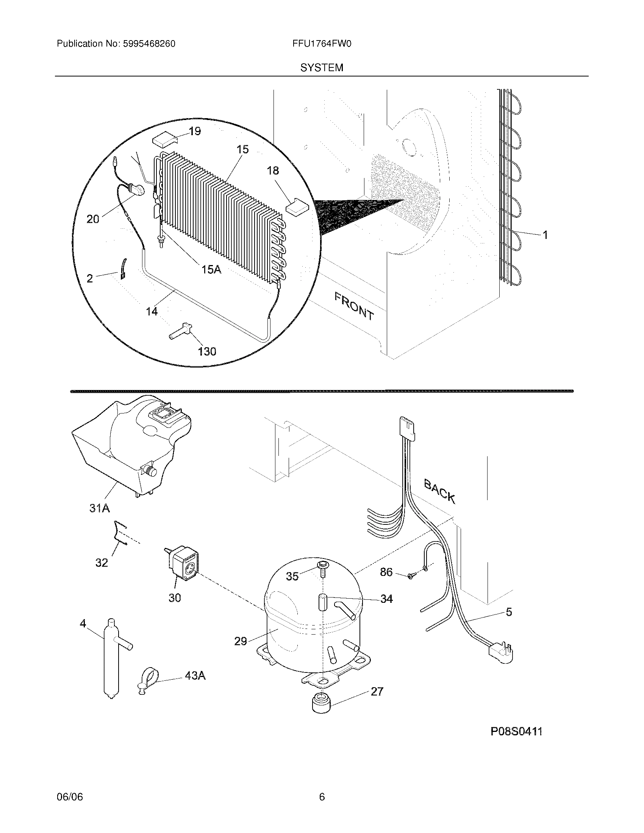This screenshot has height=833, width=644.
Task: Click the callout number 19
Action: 195,131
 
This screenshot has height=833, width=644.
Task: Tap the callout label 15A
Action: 211,270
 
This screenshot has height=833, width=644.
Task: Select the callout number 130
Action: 207,351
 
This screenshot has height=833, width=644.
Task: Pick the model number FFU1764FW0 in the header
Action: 322,44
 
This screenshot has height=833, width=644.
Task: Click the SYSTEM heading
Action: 322,68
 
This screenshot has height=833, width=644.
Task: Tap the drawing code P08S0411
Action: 516,732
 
